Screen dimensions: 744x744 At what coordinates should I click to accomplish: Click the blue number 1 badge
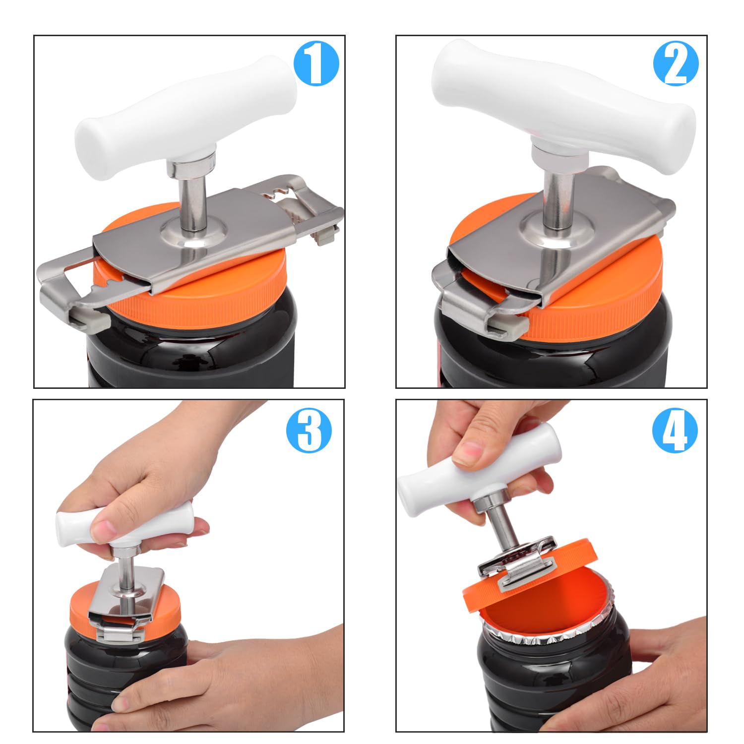point(316,64)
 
